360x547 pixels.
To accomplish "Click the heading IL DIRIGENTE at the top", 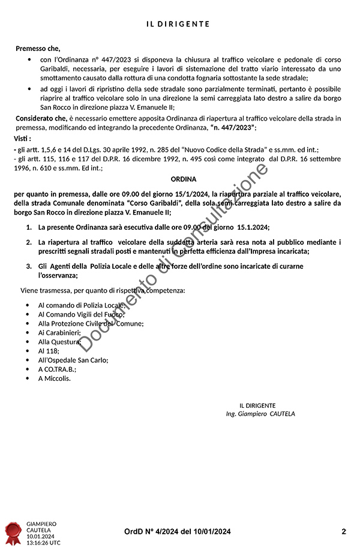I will point(178,24).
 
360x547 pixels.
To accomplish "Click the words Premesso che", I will point(38,49).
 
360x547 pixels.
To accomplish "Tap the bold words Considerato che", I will point(41,118).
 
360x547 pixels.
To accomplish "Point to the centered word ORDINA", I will point(184,179).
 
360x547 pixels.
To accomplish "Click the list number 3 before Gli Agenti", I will point(29,266).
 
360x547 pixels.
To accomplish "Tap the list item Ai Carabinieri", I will point(59,332).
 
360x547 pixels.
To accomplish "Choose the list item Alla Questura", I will point(59,341).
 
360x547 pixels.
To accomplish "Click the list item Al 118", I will point(49,350).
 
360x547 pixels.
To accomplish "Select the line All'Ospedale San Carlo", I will point(73,360).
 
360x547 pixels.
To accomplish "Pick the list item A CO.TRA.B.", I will point(57,369).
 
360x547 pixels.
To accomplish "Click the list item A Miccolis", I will point(54,378).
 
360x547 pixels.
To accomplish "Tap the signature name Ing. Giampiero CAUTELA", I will point(260,414).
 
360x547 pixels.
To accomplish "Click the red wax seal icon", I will point(13,530).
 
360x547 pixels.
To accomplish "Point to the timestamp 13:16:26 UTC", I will point(43,542).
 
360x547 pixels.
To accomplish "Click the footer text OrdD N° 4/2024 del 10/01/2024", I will point(178,531).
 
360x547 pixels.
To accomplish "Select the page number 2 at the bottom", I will point(344,531).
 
